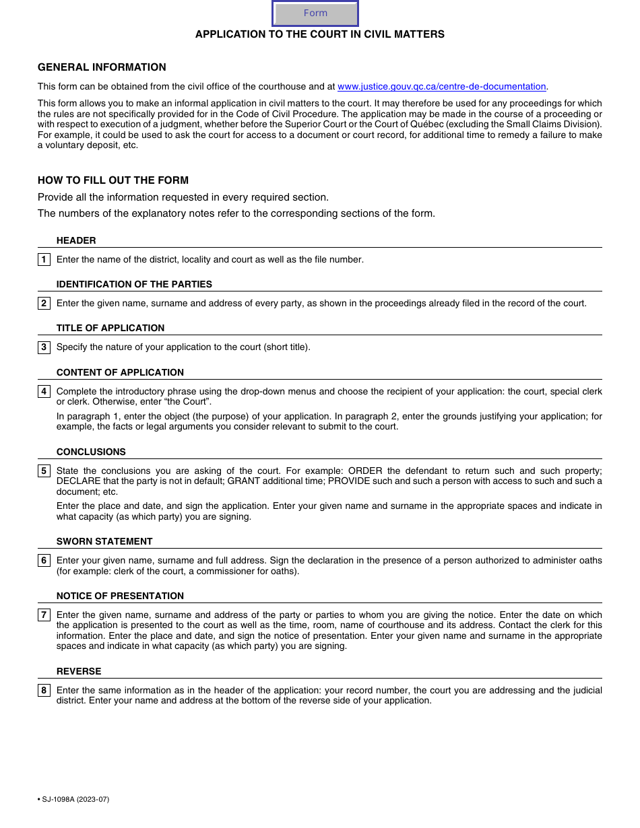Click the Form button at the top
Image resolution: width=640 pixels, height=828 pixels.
point(315,13)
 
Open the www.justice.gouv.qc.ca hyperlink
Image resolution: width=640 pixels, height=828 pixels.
point(441,87)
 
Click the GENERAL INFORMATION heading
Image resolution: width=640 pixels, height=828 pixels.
point(102,67)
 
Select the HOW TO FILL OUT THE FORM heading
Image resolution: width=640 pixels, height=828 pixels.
point(113,180)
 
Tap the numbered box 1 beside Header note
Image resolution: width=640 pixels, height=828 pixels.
point(44,260)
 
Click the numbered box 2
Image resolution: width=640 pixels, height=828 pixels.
point(44,304)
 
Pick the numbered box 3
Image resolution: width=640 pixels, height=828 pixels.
point(44,347)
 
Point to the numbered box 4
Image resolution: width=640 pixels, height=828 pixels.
point(44,392)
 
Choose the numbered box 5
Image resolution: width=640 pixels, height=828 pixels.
point(44,471)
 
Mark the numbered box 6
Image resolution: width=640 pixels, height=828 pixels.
point(44,561)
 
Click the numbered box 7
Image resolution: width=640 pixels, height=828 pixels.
point(44,615)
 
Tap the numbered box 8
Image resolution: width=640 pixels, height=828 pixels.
point(44,691)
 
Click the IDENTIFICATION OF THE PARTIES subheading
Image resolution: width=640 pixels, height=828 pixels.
point(134,285)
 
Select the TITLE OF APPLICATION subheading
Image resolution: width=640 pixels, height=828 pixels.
point(110,329)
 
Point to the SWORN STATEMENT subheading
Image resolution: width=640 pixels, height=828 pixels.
point(104,542)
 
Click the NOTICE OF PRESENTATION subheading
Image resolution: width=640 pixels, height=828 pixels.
point(120,596)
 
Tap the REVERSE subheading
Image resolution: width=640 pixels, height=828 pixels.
point(79,672)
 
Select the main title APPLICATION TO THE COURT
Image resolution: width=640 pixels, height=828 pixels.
point(320,34)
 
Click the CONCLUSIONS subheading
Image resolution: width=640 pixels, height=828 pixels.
point(91,452)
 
